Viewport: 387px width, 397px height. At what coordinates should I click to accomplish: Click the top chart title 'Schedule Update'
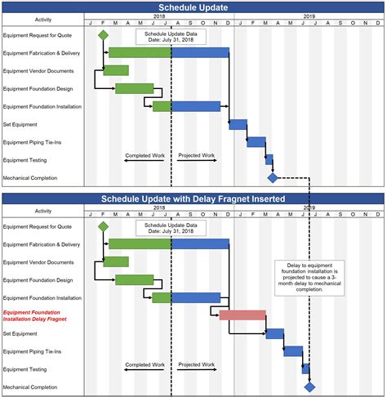(193, 7)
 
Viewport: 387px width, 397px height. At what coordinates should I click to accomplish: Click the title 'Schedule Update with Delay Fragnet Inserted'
(193, 198)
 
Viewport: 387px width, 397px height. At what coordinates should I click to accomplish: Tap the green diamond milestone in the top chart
(103, 35)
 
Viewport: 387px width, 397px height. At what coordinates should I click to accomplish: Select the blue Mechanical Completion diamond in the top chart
(273, 177)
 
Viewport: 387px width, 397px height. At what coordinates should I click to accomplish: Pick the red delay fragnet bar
(242, 315)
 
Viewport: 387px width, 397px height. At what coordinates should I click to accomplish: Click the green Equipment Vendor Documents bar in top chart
(116, 70)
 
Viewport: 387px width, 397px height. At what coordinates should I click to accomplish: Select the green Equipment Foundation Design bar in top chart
(134, 88)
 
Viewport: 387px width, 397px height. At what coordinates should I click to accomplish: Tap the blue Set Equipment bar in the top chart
(238, 124)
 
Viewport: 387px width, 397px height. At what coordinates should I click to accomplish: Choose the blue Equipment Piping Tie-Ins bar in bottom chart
(293, 351)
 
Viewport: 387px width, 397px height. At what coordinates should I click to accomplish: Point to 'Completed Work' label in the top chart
(145, 155)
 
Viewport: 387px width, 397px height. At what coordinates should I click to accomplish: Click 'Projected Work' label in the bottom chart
(197, 364)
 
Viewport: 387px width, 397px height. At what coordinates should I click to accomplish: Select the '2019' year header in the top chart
(309, 16)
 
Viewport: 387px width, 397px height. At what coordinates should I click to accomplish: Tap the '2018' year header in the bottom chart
(158, 208)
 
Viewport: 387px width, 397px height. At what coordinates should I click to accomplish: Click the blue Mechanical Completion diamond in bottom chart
(309, 386)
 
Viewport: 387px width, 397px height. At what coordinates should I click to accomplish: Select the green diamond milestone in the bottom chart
(103, 226)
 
